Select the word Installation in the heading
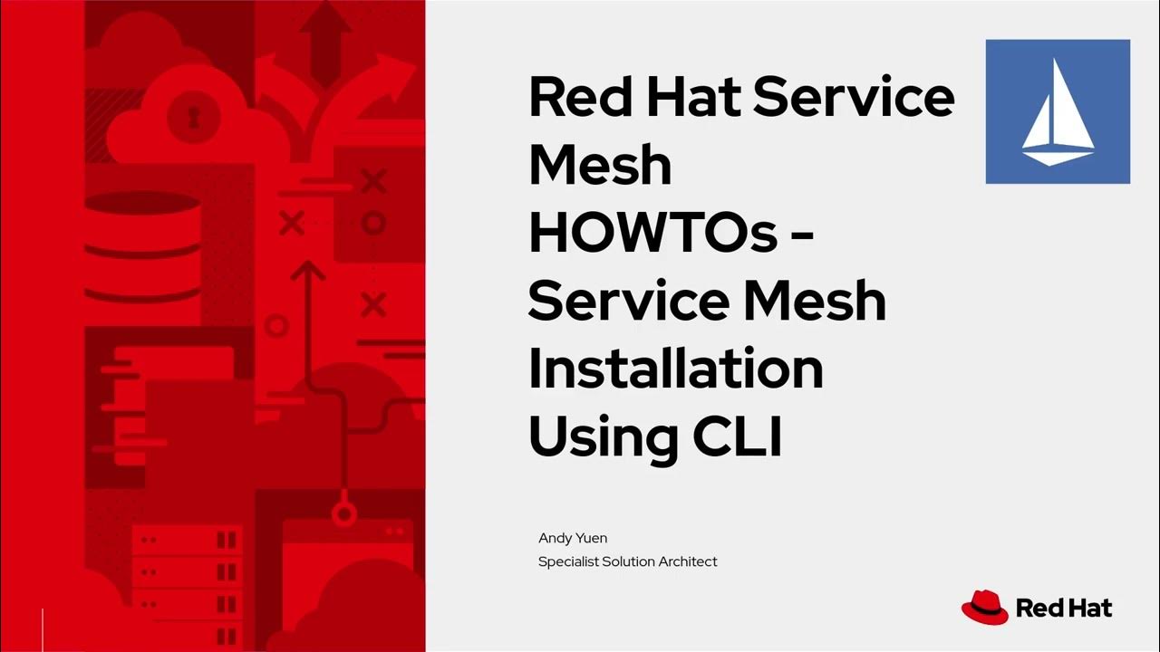point(675,369)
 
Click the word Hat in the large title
point(695,98)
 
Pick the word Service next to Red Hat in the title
point(853,98)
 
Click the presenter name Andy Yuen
point(573,538)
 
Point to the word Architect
point(688,561)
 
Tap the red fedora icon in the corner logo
point(984,607)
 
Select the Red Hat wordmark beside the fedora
point(1064,608)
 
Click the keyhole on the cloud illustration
point(191,115)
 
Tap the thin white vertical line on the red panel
point(43,628)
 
